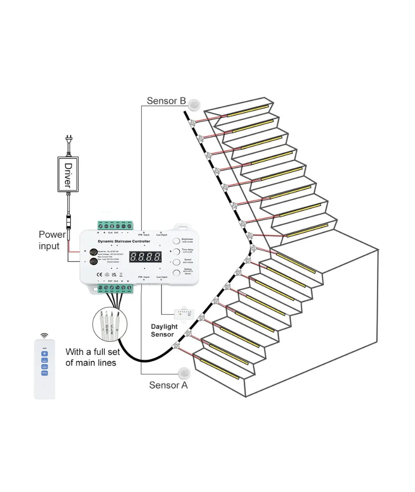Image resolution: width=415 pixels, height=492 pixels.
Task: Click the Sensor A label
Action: (168, 385)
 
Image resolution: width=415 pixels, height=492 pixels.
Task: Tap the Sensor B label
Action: (166, 100)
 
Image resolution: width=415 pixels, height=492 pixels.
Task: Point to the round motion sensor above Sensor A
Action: (185, 373)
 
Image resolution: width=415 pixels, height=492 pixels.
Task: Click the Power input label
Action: (52, 240)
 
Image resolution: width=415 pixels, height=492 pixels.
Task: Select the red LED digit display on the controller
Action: (145, 256)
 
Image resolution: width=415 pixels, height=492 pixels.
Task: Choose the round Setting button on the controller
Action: (176, 273)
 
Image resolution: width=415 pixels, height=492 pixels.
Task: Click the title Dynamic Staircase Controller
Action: (124, 241)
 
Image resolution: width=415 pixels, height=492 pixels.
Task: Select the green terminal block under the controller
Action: (114, 288)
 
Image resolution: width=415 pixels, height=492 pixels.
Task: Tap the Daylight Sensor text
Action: (164, 331)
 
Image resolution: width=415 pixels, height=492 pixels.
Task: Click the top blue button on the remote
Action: (45, 353)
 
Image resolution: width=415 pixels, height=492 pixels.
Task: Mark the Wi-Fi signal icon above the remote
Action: (45, 336)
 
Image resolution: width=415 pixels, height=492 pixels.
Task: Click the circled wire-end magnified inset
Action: (108, 324)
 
